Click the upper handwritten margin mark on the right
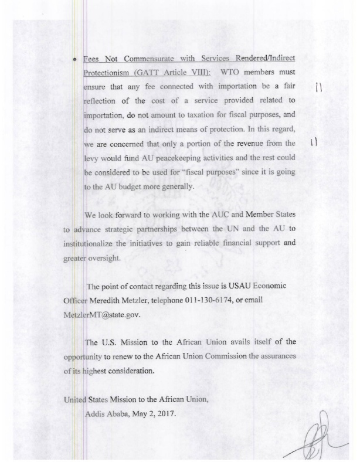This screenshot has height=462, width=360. (318, 89)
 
